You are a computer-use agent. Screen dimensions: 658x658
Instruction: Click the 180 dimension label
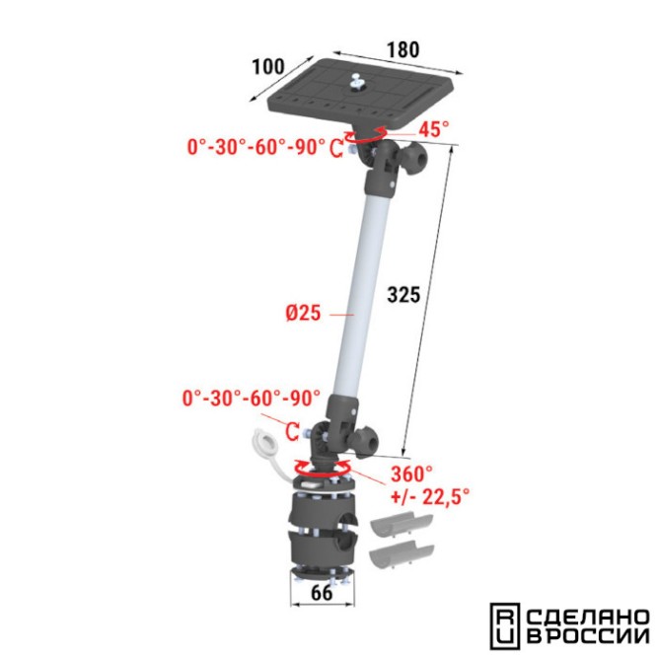[x=402, y=49]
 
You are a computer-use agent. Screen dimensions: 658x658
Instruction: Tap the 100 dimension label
[x=267, y=66]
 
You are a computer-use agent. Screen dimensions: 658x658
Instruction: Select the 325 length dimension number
[x=403, y=295]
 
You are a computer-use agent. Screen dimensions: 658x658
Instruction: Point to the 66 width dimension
[x=322, y=593]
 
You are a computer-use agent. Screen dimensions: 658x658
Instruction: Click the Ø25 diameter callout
[x=304, y=313]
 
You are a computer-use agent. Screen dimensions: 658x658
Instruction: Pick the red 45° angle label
[x=433, y=129]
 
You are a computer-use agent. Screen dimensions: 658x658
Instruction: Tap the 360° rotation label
[x=411, y=475]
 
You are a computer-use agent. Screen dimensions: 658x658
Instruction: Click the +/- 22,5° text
[x=430, y=497]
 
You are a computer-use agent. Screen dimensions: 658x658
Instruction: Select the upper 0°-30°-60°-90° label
[x=256, y=147]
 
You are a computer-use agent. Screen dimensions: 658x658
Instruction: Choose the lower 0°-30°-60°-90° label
[x=252, y=398]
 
